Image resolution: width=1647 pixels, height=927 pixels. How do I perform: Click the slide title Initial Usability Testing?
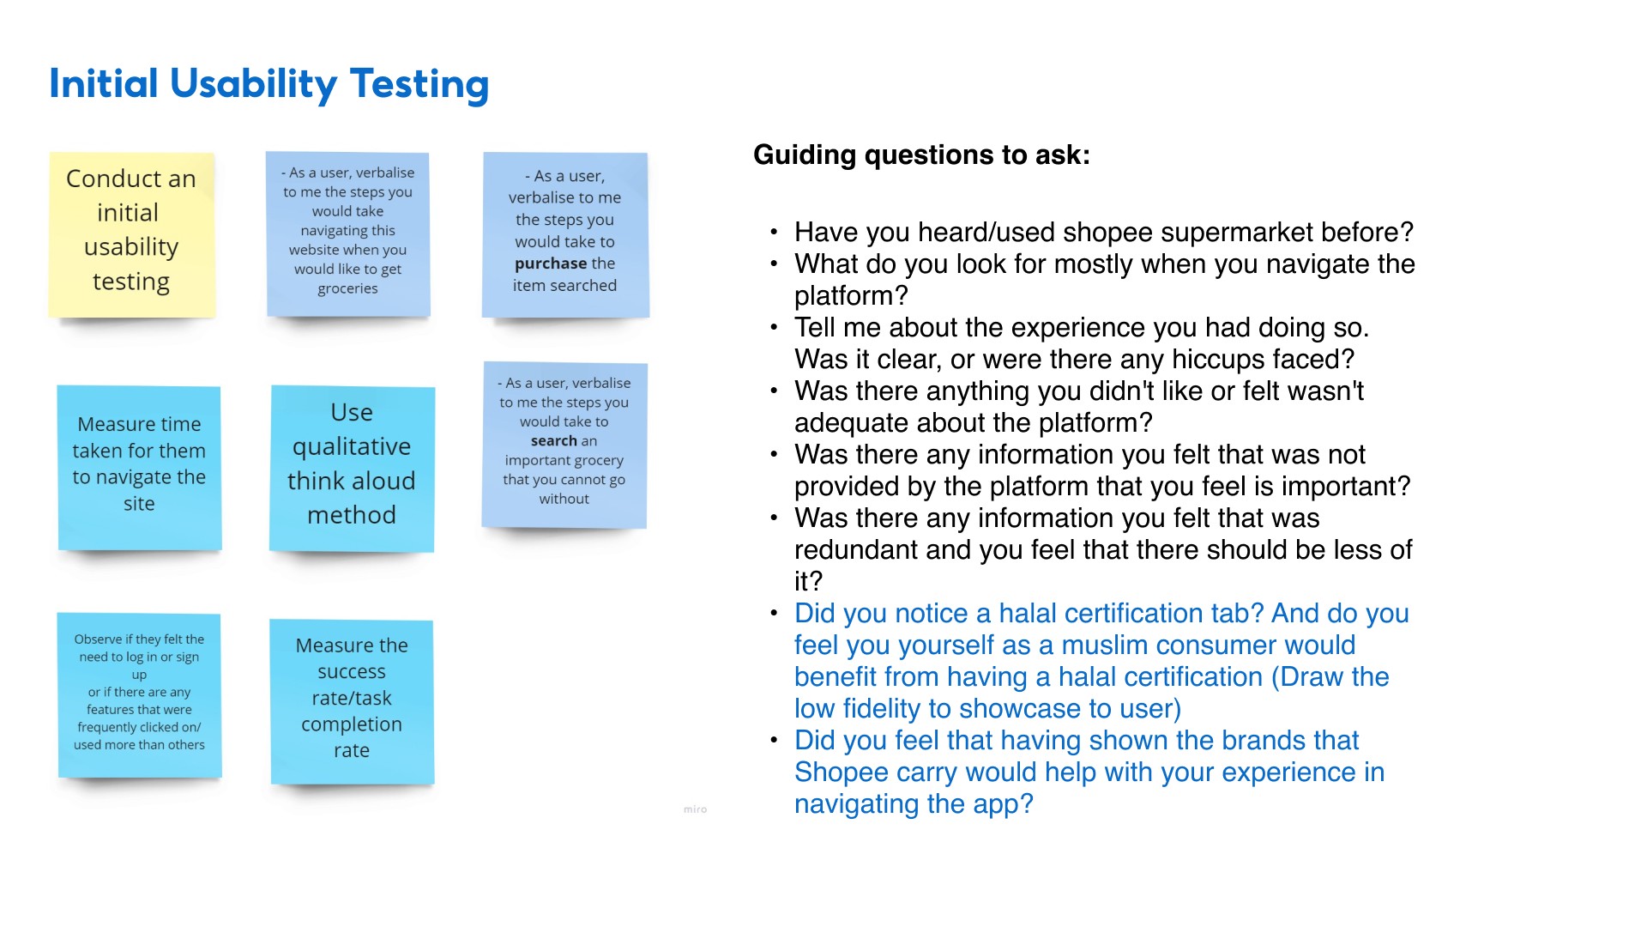click(x=268, y=84)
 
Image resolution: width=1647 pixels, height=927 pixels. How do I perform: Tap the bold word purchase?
click(x=551, y=264)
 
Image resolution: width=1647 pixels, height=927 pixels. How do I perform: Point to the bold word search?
click(x=553, y=441)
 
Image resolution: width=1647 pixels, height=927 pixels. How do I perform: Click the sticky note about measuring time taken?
click(x=139, y=467)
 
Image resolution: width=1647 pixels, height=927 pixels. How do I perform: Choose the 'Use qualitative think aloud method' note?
click(x=352, y=467)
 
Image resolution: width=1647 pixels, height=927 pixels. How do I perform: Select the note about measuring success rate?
click(x=352, y=700)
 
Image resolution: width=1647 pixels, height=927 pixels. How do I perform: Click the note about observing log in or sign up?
click(x=139, y=694)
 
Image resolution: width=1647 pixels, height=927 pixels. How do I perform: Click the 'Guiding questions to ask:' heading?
click(x=921, y=155)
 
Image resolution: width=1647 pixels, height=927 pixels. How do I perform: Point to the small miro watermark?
click(x=695, y=809)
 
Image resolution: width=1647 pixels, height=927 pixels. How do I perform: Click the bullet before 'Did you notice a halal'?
click(x=774, y=614)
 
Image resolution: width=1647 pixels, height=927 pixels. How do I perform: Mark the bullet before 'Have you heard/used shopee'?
click(x=774, y=233)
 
